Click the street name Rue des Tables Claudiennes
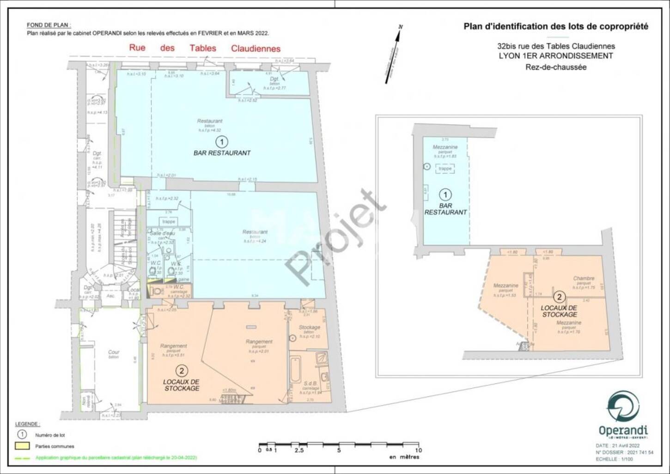click(x=204, y=48)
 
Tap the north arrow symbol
click(x=393, y=54)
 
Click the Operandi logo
click(x=623, y=413)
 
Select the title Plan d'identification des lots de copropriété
click(x=555, y=26)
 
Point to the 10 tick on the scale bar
click(x=419, y=445)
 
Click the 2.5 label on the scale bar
click(x=299, y=450)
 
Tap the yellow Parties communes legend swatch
click(x=22, y=446)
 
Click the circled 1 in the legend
click(x=22, y=435)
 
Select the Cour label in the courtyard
click(x=114, y=352)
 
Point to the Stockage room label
click(x=309, y=328)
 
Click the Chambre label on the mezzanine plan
click(x=584, y=278)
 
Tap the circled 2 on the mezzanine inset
click(x=559, y=297)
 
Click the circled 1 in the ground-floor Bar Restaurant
click(x=221, y=141)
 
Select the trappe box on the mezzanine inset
click(x=445, y=169)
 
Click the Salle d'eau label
click(x=162, y=233)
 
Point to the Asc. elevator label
click(x=110, y=296)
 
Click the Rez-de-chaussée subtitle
click(x=555, y=67)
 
